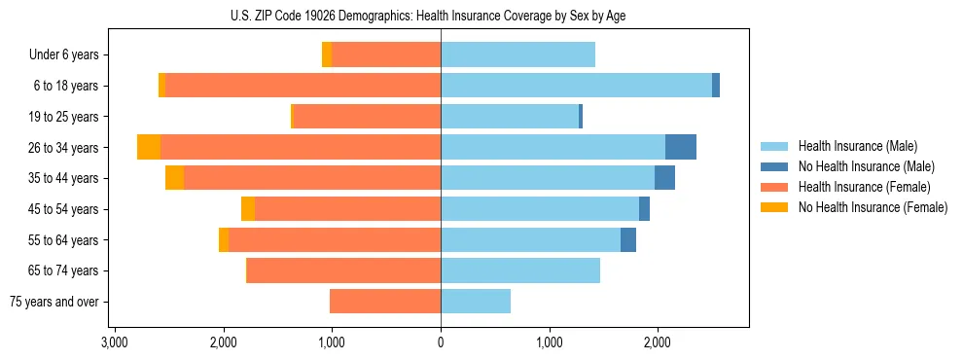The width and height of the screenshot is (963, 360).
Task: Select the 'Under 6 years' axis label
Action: click(x=64, y=54)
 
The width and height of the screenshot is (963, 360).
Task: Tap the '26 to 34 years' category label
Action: click(x=63, y=147)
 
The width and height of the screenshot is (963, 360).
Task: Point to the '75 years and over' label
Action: click(x=54, y=302)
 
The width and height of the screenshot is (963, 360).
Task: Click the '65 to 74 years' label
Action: click(x=63, y=270)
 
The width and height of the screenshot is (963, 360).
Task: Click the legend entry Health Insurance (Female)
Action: click(x=864, y=187)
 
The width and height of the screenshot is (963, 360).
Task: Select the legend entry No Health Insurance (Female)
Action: click(x=872, y=207)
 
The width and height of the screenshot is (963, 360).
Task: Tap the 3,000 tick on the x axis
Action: click(x=115, y=342)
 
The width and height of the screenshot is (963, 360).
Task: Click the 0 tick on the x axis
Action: click(x=441, y=342)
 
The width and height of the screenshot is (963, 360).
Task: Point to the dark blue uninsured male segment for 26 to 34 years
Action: click(x=681, y=147)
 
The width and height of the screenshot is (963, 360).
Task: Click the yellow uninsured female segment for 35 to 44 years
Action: click(x=174, y=178)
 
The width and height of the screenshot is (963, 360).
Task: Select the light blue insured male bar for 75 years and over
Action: click(x=476, y=302)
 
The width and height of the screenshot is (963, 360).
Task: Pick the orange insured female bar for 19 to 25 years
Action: click(x=367, y=117)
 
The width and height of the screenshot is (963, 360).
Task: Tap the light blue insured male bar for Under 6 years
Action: click(x=517, y=54)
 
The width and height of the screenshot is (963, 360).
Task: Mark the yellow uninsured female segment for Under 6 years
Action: click(x=327, y=54)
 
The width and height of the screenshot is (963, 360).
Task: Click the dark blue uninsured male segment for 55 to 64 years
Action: click(x=628, y=239)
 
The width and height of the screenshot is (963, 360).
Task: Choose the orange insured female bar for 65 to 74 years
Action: click(x=343, y=270)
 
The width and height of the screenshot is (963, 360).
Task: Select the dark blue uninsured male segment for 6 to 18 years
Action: click(x=716, y=86)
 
